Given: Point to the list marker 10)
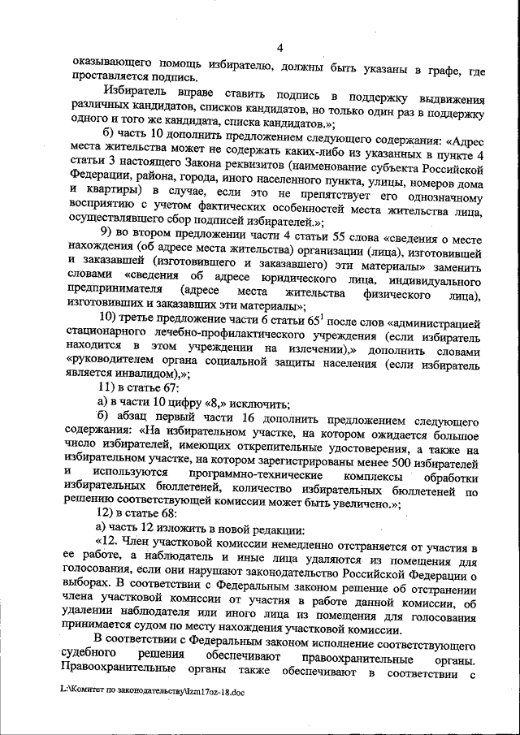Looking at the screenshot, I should [110, 315].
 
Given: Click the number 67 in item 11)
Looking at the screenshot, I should [165, 387].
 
